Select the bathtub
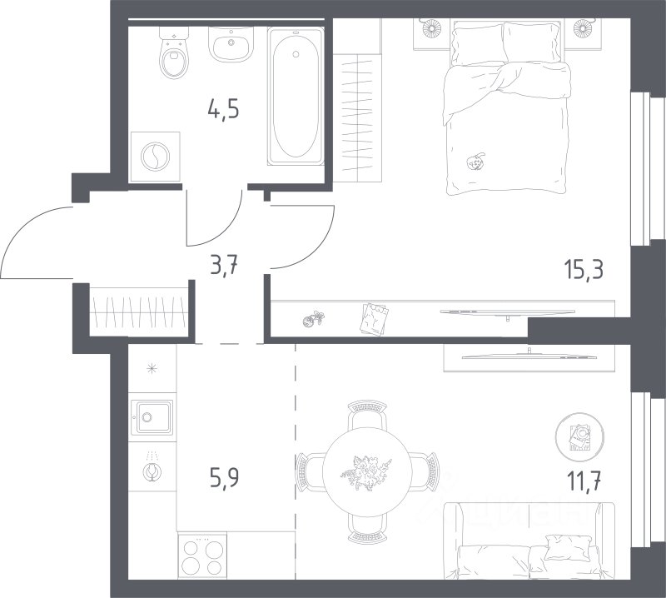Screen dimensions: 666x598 (x=296, y=96)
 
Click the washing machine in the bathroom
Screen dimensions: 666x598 (x=155, y=157)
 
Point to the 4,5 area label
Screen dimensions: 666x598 (x=223, y=109)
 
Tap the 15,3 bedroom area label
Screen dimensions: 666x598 (x=584, y=269)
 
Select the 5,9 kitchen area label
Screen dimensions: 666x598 (x=224, y=477)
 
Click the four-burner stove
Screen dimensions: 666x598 (x=202, y=555)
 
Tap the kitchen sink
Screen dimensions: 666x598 (x=152, y=417)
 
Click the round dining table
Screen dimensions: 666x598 (x=367, y=471)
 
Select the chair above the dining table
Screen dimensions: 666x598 (x=367, y=416)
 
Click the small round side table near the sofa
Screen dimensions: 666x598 (x=579, y=436)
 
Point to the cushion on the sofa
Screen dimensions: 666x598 (x=568, y=547)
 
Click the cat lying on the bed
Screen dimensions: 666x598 (x=475, y=162)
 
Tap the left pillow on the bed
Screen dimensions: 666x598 (x=478, y=44)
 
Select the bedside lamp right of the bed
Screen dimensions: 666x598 (x=582, y=28)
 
